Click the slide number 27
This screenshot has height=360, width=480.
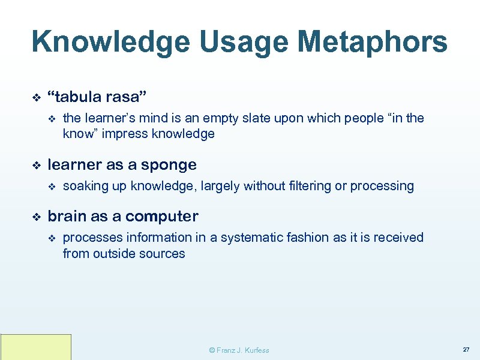pyautogui.click(x=466, y=350)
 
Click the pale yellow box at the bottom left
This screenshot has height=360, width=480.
pyautogui.click(x=36, y=347)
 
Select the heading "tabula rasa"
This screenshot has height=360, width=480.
pyautogui.click(x=97, y=97)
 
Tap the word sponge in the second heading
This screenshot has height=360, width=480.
pyautogui.click(x=172, y=165)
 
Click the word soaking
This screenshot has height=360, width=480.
pyautogui.click(x=85, y=186)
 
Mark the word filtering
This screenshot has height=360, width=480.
pyautogui.click(x=309, y=186)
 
